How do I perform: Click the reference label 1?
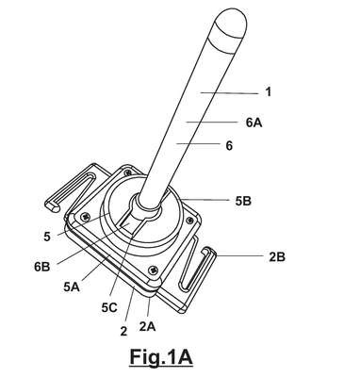pos(268,92)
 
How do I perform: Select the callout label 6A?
pos(254,123)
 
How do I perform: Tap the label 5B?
pos(243,201)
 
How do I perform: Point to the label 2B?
pos(277,257)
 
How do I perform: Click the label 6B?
pos(42,267)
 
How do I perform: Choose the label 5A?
pos(72,287)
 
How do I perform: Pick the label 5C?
pos(109,308)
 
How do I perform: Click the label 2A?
pos(147,327)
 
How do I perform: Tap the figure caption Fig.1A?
pos(161,357)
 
